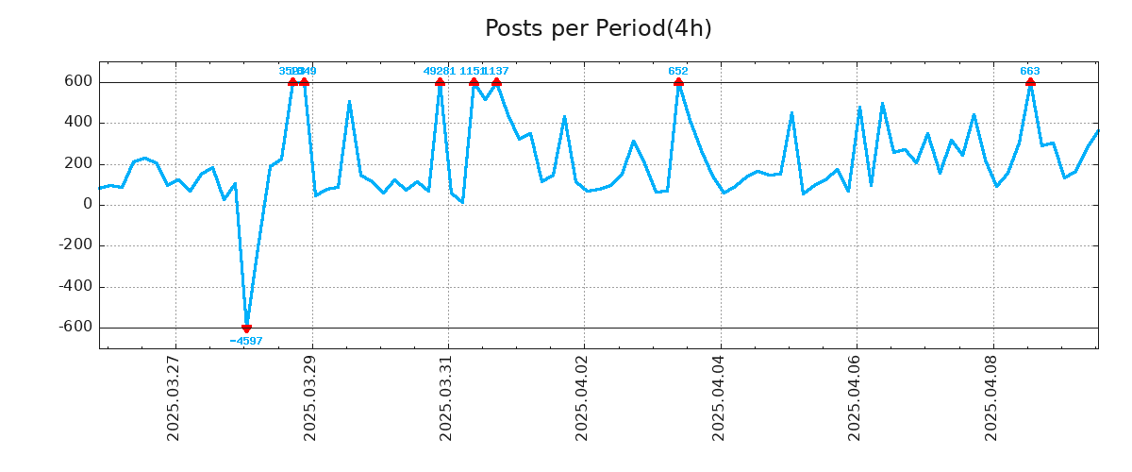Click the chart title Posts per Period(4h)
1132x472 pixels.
[x=598, y=28]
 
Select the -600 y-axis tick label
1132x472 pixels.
[x=75, y=328]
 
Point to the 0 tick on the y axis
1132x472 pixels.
[x=88, y=205]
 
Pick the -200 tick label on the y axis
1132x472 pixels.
[x=75, y=245]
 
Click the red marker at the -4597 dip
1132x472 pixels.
[x=246, y=328]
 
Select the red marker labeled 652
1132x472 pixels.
[x=678, y=82]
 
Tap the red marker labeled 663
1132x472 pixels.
[x=1030, y=82]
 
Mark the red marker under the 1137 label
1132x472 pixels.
[x=496, y=82]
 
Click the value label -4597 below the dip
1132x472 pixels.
[x=246, y=341]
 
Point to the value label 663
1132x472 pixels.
[x=1030, y=71]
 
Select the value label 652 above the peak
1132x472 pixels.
[x=678, y=71]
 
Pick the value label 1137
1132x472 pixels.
[x=497, y=71]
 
